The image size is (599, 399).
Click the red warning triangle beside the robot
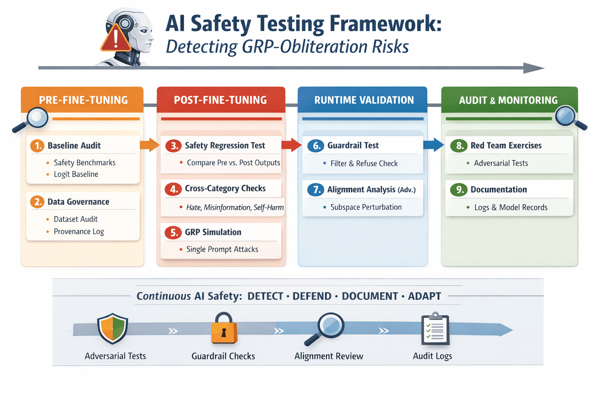[x=115, y=39]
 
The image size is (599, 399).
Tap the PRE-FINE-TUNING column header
[x=83, y=100]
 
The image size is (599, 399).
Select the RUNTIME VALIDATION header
[x=364, y=100]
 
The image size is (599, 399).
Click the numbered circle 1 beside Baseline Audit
[x=38, y=146]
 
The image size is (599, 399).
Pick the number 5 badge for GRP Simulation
[x=173, y=233]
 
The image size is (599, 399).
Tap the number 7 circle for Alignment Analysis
[x=315, y=190]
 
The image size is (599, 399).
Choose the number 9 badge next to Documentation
[x=459, y=190]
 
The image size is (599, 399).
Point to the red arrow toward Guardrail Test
[x=291, y=145]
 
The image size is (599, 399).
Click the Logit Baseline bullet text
[x=76, y=174]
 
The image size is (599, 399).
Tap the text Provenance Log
[x=79, y=231]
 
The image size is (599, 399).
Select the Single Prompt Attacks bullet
[x=222, y=249]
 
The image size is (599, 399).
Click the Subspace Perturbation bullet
[x=366, y=207]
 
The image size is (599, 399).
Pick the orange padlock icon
[x=224, y=328]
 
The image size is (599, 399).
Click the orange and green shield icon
[x=113, y=328]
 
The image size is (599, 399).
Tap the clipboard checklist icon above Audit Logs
[x=435, y=329]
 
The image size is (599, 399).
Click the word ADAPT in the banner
[x=424, y=296]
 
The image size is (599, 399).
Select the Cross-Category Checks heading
[x=225, y=189]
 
